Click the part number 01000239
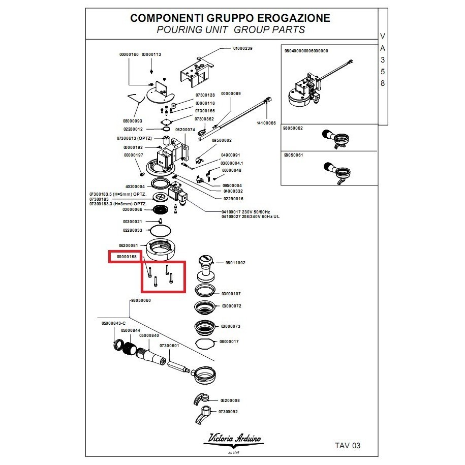click(242, 48)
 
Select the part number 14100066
click(266, 123)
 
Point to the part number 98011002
click(235, 263)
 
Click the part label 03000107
click(231, 294)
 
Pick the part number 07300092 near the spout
click(228, 412)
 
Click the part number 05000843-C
click(113, 323)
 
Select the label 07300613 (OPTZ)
click(132, 138)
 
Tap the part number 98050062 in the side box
click(293, 129)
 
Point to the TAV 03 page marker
click(348, 446)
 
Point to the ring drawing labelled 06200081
click(161, 248)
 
